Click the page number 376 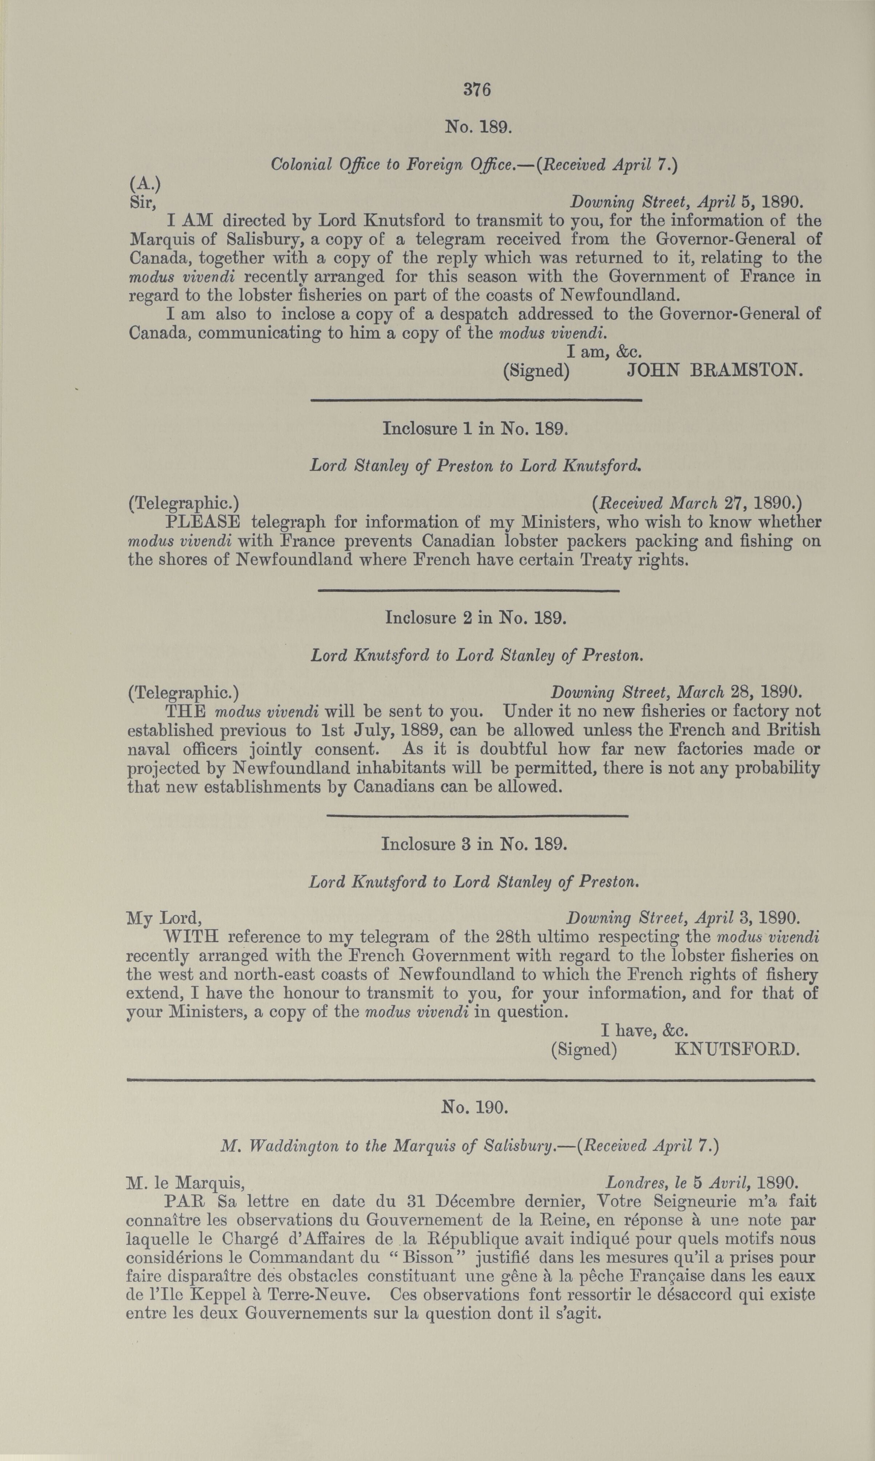[477, 89]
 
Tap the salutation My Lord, [165, 918]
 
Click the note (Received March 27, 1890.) [697, 503]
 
